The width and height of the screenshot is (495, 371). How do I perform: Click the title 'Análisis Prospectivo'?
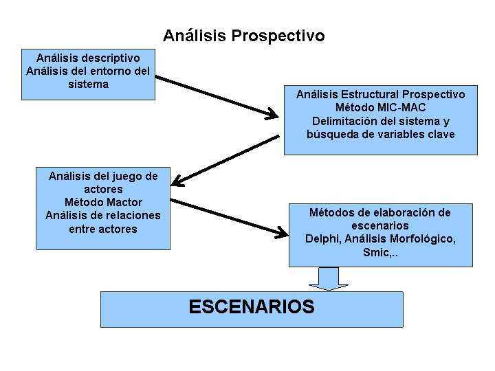(243, 35)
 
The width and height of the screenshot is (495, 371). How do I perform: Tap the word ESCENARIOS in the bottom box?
(252, 306)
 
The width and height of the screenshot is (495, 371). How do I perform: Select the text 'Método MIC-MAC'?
(380, 108)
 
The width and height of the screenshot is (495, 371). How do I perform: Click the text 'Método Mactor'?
(103, 202)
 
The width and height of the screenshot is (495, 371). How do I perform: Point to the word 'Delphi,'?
(323, 239)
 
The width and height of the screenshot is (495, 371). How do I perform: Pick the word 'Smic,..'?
(380, 252)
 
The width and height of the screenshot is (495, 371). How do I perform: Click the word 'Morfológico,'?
(423, 239)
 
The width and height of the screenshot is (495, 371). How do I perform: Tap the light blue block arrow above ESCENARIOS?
(329, 279)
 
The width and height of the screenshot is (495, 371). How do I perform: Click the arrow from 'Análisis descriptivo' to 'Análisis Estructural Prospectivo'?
(217, 97)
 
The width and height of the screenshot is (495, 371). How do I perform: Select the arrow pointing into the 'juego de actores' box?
(225, 161)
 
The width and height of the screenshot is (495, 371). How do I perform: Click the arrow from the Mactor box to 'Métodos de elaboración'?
(229, 218)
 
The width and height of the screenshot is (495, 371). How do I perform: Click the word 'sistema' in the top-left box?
(89, 85)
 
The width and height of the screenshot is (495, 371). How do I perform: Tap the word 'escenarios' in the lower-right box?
(380, 226)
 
